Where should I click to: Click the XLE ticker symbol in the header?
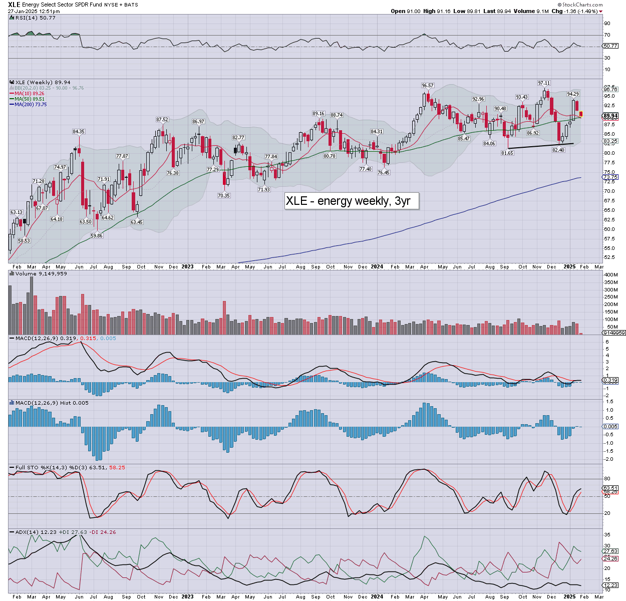point(14,4)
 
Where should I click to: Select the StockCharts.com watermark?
point(580,5)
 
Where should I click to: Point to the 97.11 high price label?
point(544,83)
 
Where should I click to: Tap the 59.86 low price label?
point(97,235)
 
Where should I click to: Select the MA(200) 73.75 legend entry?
point(31,104)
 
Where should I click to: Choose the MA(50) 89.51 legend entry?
point(30,99)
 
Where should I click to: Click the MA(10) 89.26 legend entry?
point(30,93)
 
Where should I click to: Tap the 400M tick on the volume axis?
point(611,275)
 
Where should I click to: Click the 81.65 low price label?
point(507,153)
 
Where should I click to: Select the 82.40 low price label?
point(558,150)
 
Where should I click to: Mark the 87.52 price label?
point(162,119)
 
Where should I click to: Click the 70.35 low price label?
point(224,195)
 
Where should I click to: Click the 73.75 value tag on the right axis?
point(610,177)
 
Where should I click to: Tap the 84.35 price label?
point(79,131)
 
